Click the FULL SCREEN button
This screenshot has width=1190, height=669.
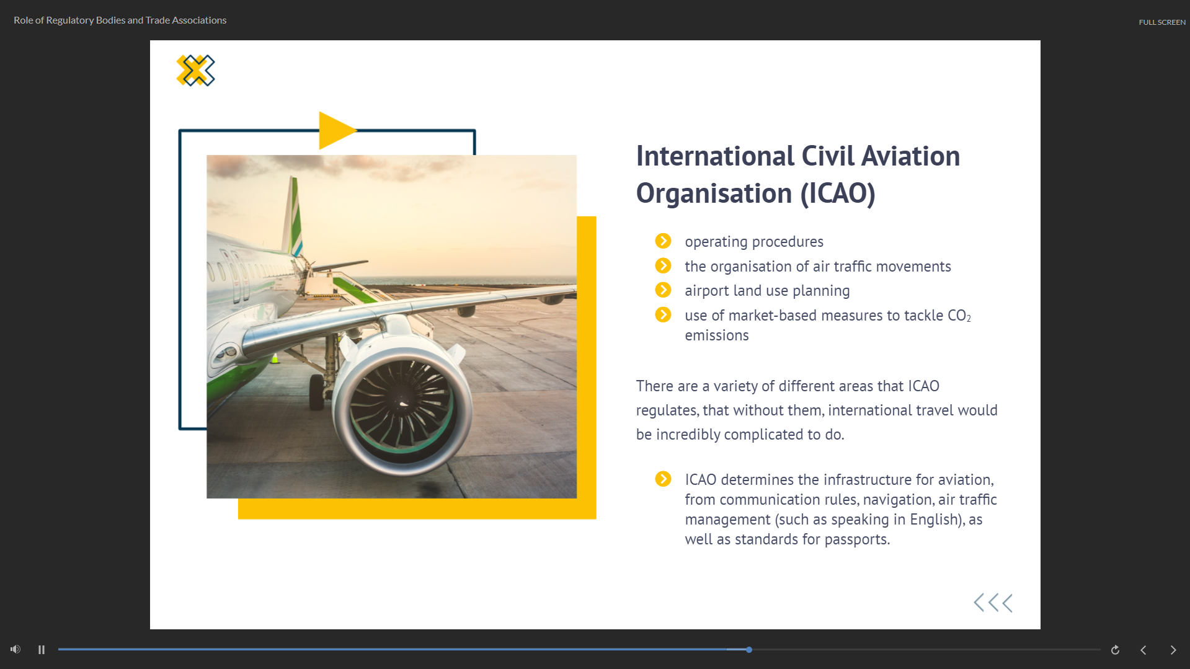coord(1161,22)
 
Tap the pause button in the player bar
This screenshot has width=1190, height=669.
coord(42,650)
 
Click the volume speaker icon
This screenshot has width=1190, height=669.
coord(16,649)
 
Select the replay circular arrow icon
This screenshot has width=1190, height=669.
coord(1115,650)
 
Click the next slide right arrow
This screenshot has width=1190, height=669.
coord(1173,650)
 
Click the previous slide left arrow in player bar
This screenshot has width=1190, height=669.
coord(1143,650)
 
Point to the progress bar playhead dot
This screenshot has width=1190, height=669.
coord(749,650)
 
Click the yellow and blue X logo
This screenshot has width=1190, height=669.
coord(195,70)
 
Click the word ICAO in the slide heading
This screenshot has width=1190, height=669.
coord(838,193)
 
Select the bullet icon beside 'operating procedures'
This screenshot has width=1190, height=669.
coord(663,241)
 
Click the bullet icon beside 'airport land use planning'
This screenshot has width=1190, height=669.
coord(663,290)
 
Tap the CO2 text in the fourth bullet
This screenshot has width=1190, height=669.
coord(959,316)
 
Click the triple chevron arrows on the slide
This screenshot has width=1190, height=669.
coord(993,603)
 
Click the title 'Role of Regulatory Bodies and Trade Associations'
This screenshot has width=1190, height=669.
coord(120,20)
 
